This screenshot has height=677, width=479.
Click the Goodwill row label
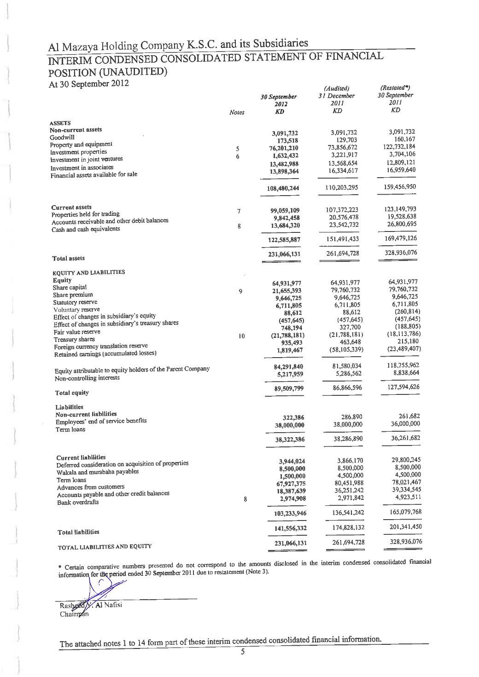tap(62, 137)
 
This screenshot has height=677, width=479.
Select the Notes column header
tap(236, 112)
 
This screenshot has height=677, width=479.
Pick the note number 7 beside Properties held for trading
tap(239, 212)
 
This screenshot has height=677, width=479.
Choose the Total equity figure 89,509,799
tap(289, 388)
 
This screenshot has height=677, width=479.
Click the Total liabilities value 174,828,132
tap(345, 527)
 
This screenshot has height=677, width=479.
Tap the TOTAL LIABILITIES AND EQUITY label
tap(104, 547)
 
